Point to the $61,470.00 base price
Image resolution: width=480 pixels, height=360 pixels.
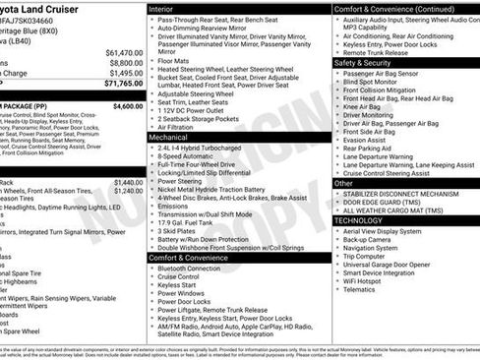124,52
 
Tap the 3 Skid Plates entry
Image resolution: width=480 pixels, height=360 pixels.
179,231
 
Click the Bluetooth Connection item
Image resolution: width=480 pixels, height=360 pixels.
189,268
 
